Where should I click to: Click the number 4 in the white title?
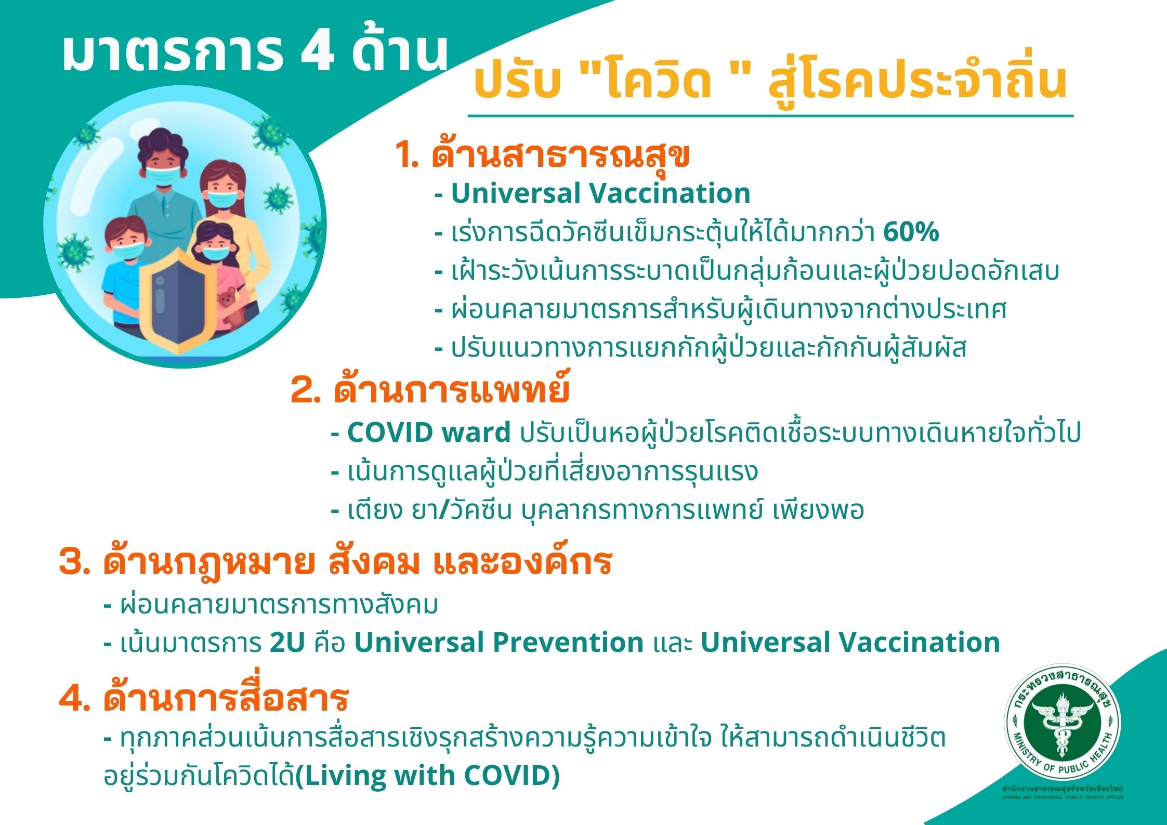(x=317, y=53)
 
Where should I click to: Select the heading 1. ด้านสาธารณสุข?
(x=542, y=153)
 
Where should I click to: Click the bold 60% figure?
(x=911, y=232)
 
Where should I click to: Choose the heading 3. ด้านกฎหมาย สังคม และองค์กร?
(x=336, y=562)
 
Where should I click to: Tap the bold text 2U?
(x=287, y=643)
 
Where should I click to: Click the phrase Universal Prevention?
(x=499, y=643)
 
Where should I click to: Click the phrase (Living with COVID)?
(x=427, y=776)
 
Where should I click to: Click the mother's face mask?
(x=222, y=199)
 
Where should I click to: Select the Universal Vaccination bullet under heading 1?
(x=593, y=193)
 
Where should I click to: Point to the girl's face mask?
(x=215, y=253)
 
